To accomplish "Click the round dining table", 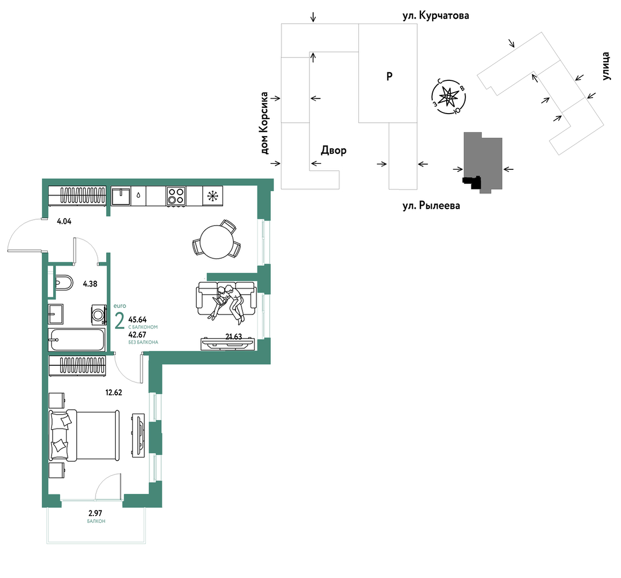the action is [217, 242].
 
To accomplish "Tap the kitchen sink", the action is [121, 196].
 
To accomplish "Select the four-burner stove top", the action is [176, 196].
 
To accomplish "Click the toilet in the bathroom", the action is [64, 283].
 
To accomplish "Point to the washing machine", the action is [99, 314].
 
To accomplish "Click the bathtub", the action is [77, 340].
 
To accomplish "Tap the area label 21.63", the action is [234, 336].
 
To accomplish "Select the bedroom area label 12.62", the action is [114, 393].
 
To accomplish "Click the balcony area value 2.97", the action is [95, 514].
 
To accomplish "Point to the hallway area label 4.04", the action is [64, 222].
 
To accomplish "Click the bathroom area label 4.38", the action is [90, 284].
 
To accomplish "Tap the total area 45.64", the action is [137, 320].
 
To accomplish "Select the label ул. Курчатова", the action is [435, 16].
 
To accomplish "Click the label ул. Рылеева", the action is [431, 206].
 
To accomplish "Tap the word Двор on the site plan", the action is [334, 151].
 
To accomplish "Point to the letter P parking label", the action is [389, 76].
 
